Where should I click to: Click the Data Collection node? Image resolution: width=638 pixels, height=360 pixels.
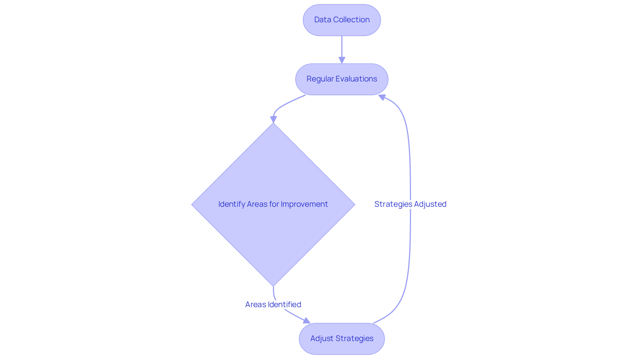(x=342, y=20)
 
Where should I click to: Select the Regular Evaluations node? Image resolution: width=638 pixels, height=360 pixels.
(x=342, y=79)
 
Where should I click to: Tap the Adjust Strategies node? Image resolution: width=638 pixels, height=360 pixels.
(x=342, y=338)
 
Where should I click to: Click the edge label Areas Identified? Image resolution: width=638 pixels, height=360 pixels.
(x=273, y=304)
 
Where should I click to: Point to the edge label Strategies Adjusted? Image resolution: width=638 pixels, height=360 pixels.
(x=410, y=204)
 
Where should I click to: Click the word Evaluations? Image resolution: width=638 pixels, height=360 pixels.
(x=357, y=79)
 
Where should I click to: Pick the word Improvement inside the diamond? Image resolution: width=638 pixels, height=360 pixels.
(x=304, y=204)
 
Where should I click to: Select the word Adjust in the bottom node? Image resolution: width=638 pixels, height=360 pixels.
(x=321, y=338)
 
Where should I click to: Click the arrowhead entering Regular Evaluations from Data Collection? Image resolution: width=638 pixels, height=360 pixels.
(x=342, y=60)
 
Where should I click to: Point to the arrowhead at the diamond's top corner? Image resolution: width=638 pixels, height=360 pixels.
(x=273, y=120)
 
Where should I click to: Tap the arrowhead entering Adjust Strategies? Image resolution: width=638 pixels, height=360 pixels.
(x=306, y=321)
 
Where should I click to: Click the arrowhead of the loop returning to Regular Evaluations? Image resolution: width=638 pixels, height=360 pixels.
(x=382, y=97)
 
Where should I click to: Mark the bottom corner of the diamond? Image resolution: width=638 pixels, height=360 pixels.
(x=273, y=285)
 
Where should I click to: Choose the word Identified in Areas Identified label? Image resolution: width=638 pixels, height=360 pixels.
(x=284, y=304)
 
